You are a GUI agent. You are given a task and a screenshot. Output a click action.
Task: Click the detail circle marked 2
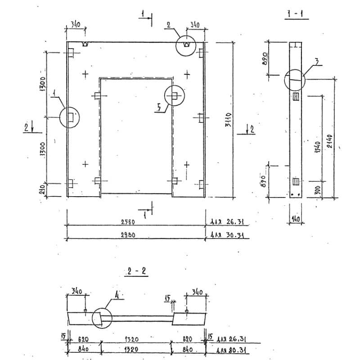click(187, 45)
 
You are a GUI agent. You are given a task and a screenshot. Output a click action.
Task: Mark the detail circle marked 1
click(70, 117)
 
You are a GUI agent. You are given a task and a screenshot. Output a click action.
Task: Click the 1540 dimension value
click(318, 148)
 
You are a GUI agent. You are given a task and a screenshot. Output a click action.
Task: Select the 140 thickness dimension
click(295, 219)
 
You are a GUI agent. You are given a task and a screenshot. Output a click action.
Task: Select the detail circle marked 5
click(175, 96)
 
